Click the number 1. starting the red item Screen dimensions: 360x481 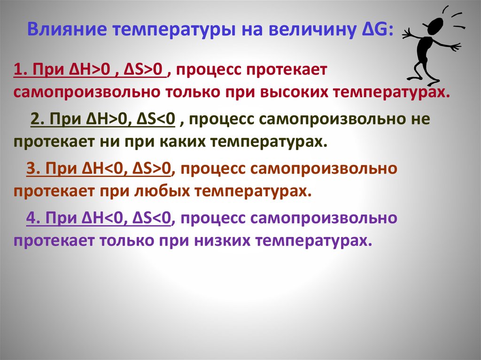(x=21, y=71)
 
